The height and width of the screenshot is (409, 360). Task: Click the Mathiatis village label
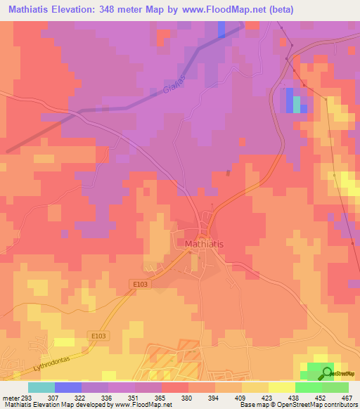coord(204,244)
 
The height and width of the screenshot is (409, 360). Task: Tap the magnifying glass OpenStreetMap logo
coord(327,374)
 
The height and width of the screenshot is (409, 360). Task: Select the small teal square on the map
coord(297,104)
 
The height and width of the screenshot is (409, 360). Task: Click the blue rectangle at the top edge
coord(221,29)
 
